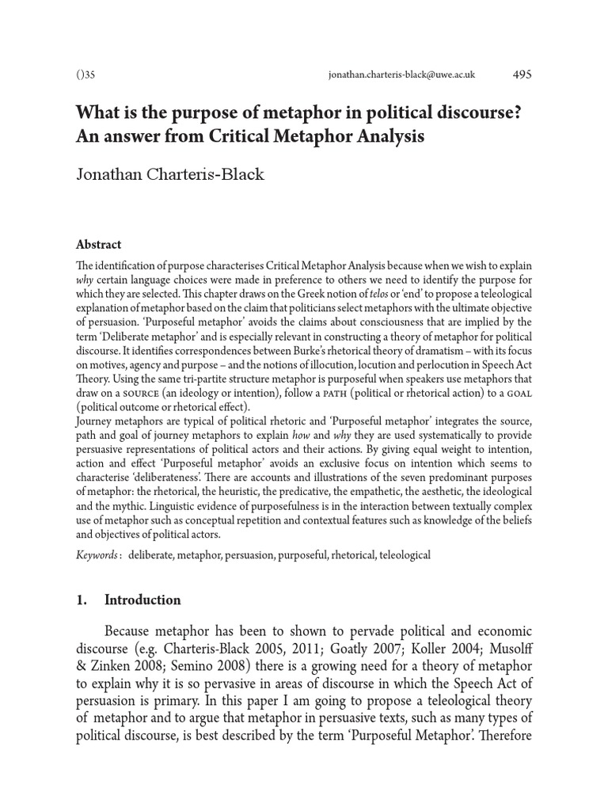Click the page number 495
[522, 74]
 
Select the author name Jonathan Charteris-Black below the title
[170, 174]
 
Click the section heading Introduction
[142, 600]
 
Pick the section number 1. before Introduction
[81, 600]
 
